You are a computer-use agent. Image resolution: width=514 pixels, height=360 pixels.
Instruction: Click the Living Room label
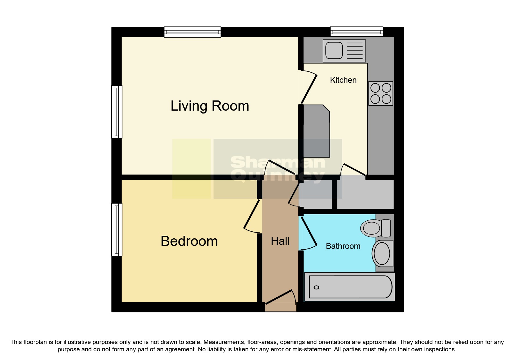click(210, 106)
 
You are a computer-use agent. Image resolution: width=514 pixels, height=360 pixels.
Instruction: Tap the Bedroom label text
click(189, 241)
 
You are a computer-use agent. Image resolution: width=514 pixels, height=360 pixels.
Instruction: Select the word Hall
click(280, 241)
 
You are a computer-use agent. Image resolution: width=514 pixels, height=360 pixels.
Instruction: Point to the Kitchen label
click(343, 80)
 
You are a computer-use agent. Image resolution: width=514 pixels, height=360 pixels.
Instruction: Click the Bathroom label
click(343, 246)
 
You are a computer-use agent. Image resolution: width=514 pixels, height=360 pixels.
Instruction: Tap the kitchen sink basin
click(334, 51)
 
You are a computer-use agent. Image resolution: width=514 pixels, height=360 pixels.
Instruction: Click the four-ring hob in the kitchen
click(381, 93)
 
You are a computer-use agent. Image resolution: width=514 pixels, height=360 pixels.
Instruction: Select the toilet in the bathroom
click(374, 228)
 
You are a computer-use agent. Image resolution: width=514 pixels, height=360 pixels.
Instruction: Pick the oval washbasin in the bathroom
click(382, 253)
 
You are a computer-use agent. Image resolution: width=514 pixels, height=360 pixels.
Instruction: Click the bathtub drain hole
click(317, 287)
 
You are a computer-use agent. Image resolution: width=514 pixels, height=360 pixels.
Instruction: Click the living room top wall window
click(192, 32)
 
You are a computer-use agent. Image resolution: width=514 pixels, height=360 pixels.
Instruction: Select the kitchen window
click(357, 31)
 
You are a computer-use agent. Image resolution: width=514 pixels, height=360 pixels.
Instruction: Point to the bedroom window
click(117, 230)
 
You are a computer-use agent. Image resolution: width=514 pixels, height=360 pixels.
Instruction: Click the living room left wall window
click(117, 111)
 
